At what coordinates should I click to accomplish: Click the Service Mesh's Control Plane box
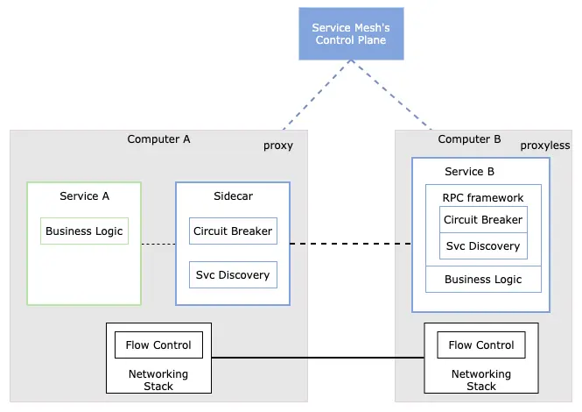click(351, 33)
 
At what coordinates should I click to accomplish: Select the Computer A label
click(158, 139)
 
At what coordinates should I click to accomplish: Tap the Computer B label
click(469, 139)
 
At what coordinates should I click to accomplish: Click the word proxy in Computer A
click(278, 146)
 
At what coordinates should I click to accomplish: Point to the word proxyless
click(545, 146)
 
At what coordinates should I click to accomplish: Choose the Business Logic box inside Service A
click(84, 231)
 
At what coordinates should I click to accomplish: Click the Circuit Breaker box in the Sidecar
click(233, 231)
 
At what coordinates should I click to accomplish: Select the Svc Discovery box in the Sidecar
click(233, 274)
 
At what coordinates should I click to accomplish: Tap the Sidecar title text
click(233, 196)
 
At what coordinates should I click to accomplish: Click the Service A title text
click(84, 196)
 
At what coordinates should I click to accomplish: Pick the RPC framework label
click(483, 198)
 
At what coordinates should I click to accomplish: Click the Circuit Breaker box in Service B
click(483, 220)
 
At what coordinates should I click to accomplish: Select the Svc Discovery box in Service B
click(483, 245)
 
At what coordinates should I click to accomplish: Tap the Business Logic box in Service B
click(483, 280)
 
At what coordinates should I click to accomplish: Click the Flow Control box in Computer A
click(159, 345)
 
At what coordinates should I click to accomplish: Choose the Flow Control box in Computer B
click(481, 345)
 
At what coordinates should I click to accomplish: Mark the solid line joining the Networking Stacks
click(318, 358)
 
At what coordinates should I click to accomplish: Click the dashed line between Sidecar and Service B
click(351, 244)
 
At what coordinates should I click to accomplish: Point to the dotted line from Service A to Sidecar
click(158, 244)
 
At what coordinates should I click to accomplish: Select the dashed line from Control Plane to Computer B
click(391, 95)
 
